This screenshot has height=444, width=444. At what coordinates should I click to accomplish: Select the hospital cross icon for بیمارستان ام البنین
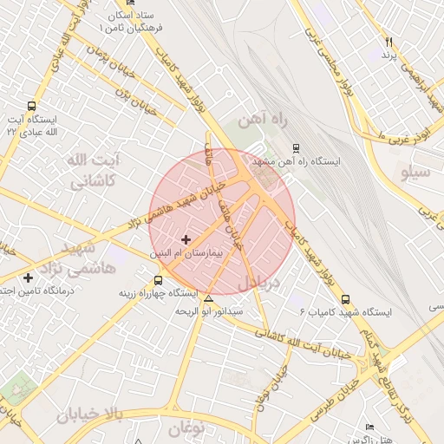(x=186, y=238)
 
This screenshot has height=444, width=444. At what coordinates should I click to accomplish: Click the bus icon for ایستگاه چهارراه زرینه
(x=157, y=280)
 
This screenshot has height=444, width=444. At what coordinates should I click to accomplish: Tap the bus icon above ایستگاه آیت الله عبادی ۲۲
(x=32, y=105)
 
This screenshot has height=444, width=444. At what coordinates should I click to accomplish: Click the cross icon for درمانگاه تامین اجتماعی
(x=29, y=277)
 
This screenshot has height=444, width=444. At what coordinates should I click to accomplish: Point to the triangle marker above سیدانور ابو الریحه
(x=208, y=298)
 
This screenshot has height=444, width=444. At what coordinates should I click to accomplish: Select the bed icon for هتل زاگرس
(x=370, y=427)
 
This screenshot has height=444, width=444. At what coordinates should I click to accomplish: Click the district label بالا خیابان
(x=91, y=415)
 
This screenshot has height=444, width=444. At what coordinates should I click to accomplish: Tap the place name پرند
(x=389, y=55)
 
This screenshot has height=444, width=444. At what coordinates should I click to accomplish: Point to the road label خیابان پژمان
(x=111, y=65)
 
